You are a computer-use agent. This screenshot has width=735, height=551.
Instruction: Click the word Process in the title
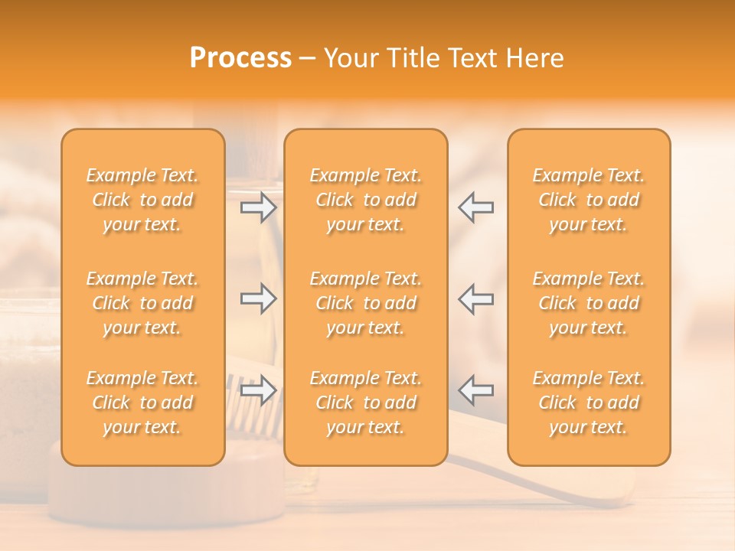(x=240, y=58)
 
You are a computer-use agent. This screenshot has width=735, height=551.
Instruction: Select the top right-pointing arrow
(x=259, y=207)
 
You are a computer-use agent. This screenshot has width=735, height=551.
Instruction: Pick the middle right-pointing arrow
(x=259, y=298)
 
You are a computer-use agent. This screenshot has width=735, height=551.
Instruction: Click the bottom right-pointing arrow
(x=259, y=390)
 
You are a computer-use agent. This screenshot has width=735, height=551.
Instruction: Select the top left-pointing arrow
(x=476, y=207)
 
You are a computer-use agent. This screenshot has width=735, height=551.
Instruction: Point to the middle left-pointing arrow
(x=476, y=298)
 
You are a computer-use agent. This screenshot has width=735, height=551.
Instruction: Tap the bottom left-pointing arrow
(x=476, y=390)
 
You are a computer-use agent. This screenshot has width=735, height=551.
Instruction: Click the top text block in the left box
(x=142, y=200)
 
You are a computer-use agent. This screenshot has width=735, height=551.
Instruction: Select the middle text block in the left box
(x=142, y=303)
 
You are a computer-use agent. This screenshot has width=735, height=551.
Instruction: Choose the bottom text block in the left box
(x=142, y=403)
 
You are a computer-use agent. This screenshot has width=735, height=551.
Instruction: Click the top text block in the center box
(x=366, y=200)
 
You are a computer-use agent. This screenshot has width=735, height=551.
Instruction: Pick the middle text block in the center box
(x=366, y=303)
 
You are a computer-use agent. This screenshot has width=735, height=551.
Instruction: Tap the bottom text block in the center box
(x=366, y=403)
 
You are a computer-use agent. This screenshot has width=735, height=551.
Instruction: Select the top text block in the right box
(x=589, y=200)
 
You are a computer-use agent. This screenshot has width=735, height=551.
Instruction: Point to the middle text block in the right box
(x=589, y=303)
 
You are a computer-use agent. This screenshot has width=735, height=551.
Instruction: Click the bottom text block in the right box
(x=589, y=403)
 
